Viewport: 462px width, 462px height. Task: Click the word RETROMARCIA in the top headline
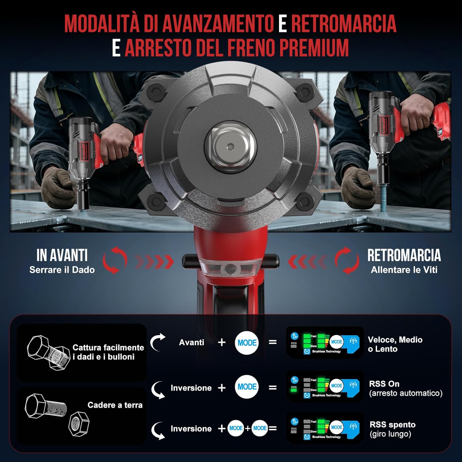(x=343, y=23)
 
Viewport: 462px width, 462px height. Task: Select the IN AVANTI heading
(x=62, y=255)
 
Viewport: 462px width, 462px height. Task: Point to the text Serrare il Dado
(x=62, y=270)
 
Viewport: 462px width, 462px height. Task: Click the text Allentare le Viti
(x=404, y=270)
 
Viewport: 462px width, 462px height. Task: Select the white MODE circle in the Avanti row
(x=247, y=342)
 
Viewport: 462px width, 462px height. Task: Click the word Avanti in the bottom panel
(x=192, y=342)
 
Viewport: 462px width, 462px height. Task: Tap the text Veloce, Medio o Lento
(x=395, y=344)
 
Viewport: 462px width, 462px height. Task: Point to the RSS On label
(x=384, y=384)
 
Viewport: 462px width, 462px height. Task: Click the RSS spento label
(x=392, y=424)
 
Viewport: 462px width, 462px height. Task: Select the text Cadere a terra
(x=115, y=405)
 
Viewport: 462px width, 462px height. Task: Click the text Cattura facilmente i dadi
(x=108, y=352)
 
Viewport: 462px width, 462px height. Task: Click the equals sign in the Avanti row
(x=273, y=342)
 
